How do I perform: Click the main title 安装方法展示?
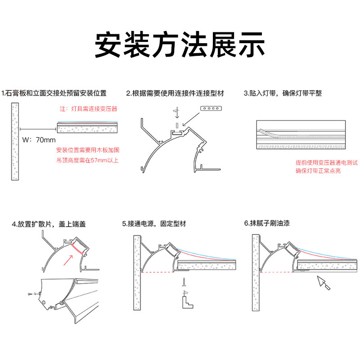click(x=180, y=44)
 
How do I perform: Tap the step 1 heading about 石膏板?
click(x=54, y=94)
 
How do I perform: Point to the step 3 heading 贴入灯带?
click(x=283, y=94)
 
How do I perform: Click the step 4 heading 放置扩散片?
click(x=50, y=224)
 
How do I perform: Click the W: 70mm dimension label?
click(x=39, y=140)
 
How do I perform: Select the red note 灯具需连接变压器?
click(x=89, y=109)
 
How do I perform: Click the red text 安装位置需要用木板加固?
click(x=88, y=150)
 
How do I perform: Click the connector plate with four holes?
click(x=211, y=108)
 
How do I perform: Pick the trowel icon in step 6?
click(x=323, y=283)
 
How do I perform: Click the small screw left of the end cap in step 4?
click(x=30, y=293)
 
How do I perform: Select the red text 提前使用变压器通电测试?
click(x=320, y=162)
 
